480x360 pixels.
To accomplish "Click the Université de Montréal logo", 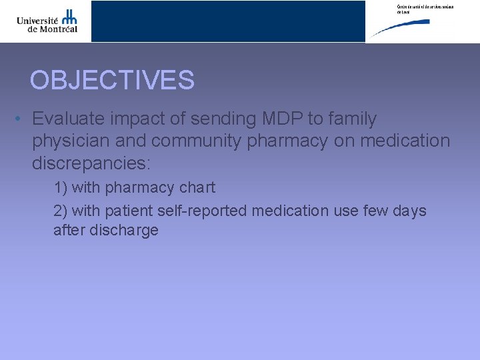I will coord(47,21).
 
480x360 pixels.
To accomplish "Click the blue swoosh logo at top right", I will coord(401,28).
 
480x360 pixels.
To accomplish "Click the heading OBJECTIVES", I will coord(112,81).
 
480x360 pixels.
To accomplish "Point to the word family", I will coord(351,119).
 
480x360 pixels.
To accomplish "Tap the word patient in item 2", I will coord(129,211).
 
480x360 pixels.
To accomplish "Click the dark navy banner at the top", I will coord(228,21).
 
